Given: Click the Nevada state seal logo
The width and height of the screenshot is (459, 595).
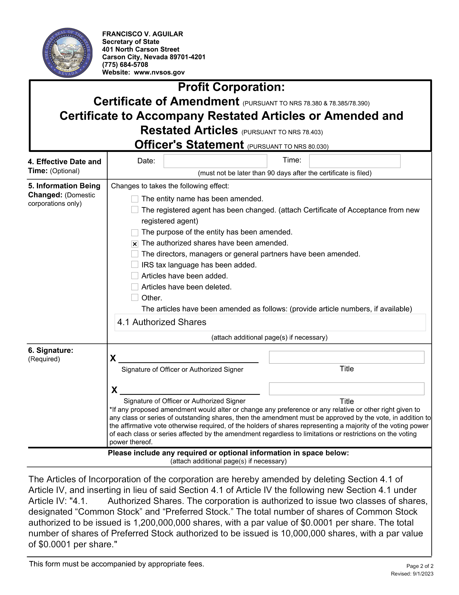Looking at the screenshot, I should pyautogui.click(x=68, y=53).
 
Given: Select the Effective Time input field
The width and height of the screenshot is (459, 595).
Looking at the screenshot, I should pyautogui.click(x=355, y=161).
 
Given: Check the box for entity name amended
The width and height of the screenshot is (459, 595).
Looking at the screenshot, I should pyautogui.click(x=135, y=199).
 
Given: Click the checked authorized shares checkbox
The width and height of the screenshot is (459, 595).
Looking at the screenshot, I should pyautogui.click(x=135, y=244).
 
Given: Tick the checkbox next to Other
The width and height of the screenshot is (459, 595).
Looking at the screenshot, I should pyautogui.click(x=135, y=297).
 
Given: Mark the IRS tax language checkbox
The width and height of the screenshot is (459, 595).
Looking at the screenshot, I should pyautogui.click(x=135, y=264).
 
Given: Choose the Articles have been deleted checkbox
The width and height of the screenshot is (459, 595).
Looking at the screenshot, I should pyautogui.click(x=135, y=287).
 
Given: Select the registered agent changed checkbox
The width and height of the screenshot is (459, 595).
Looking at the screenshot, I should pyautogui.click(x=135, y=210).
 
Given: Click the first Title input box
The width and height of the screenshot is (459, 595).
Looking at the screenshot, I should pyautogui.click(x=346, y=357).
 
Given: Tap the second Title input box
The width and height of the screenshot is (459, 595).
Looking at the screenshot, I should pyautogui.click(x=346, y=389).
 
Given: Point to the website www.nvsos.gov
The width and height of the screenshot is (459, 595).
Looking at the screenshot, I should pyautogui.click(x=159, y=72).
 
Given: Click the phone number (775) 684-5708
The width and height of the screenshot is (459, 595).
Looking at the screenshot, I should pyautogui.click(x=125, y=65).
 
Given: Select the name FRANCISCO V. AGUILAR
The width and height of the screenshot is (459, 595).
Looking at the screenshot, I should pyautogui.click(x=143, y=34).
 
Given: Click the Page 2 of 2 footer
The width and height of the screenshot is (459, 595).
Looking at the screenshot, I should pyautogui.click(x=420, y=566).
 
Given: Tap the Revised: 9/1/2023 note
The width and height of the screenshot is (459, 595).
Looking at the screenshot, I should pyautogui.click(x=412, y=574).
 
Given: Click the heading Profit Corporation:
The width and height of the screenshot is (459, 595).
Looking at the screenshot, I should pyautogui.click(x=231, y=87).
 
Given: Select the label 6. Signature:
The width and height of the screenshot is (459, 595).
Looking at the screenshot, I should pyautogui.click(x=51, y=350).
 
